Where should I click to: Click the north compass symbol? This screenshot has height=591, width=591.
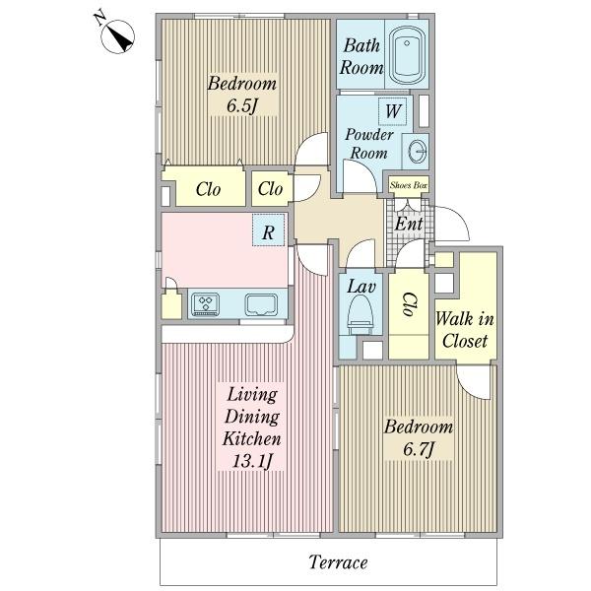coord(117,36)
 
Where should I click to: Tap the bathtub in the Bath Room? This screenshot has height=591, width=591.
coord(407,56)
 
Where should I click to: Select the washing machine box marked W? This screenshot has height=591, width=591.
coord(393,111)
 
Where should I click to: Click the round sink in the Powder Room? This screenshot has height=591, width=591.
coord(417,151)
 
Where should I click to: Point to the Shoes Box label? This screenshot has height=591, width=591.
coord(408,185)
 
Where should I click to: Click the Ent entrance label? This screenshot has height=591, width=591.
coord(408,224)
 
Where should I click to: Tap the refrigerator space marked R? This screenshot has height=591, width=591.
coord(268,230)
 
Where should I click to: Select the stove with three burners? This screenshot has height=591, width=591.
coord(206,303)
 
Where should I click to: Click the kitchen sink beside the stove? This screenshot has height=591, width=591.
coord(261,304)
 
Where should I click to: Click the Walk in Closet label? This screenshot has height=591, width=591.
coord(464,330)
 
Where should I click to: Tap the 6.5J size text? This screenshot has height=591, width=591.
coord(241,105)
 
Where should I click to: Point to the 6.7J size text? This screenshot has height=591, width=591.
coord(419,449)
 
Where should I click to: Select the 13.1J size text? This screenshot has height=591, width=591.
coord(252,461)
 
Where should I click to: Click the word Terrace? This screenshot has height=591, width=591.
coord(338,562)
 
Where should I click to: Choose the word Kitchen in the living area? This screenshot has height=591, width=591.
coord(252,438)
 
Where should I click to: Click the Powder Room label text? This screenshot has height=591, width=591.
coord(369,144)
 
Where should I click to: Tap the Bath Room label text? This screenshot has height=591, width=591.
coord(361,56)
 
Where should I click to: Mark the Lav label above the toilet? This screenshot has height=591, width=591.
coord(361,287)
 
